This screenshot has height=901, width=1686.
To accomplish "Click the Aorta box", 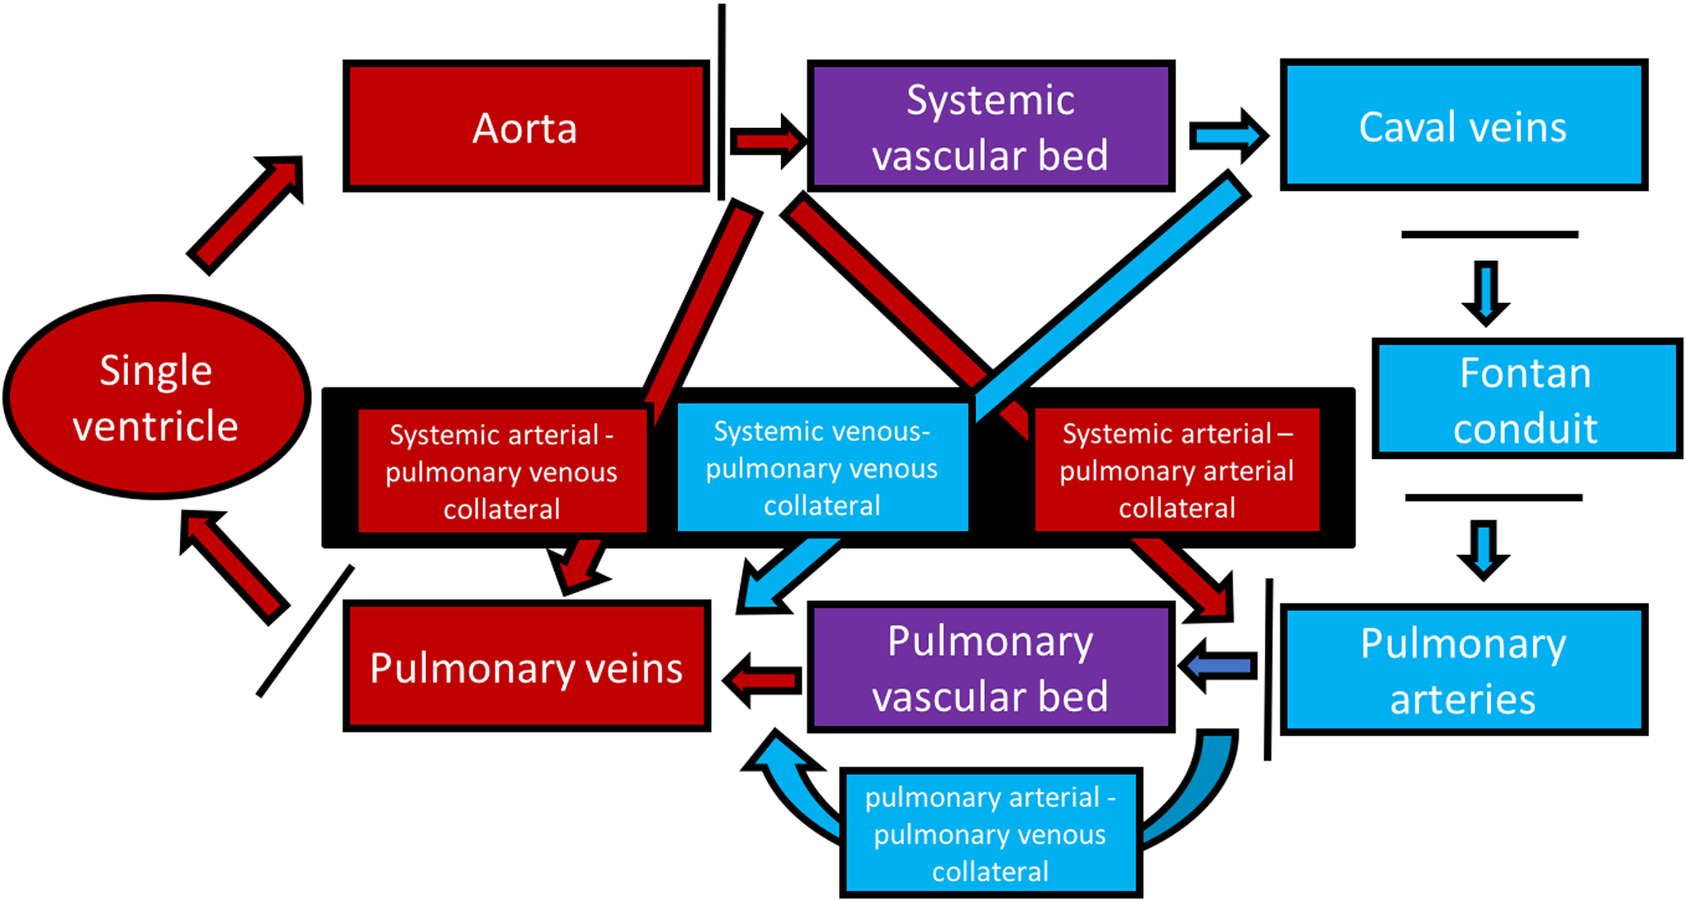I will click(526, 126).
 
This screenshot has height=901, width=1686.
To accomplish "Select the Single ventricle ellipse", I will click(156, 398).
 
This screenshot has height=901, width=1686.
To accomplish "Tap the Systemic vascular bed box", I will click(990, 126).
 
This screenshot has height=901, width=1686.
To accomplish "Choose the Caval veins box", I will click(1463, 126).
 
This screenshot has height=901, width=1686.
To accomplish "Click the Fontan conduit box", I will click(1526, 399).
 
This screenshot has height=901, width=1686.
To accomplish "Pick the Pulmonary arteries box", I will click(1463, 670).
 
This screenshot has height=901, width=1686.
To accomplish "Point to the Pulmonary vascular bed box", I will click(990, 668).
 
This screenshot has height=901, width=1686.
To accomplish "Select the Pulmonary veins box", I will click(527, 667).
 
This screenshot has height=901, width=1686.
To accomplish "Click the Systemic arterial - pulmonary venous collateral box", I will click(502, 471).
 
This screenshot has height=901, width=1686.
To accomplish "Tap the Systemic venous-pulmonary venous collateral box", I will click(822, 467).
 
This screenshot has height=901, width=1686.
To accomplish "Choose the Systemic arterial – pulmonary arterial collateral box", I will click(1177, 470).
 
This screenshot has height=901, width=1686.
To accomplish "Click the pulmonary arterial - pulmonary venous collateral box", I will click(990, 833).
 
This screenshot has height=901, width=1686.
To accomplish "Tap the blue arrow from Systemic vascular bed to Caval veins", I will click(1227, 135).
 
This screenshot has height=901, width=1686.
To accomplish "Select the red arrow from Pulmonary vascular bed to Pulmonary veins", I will click(761, 680).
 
